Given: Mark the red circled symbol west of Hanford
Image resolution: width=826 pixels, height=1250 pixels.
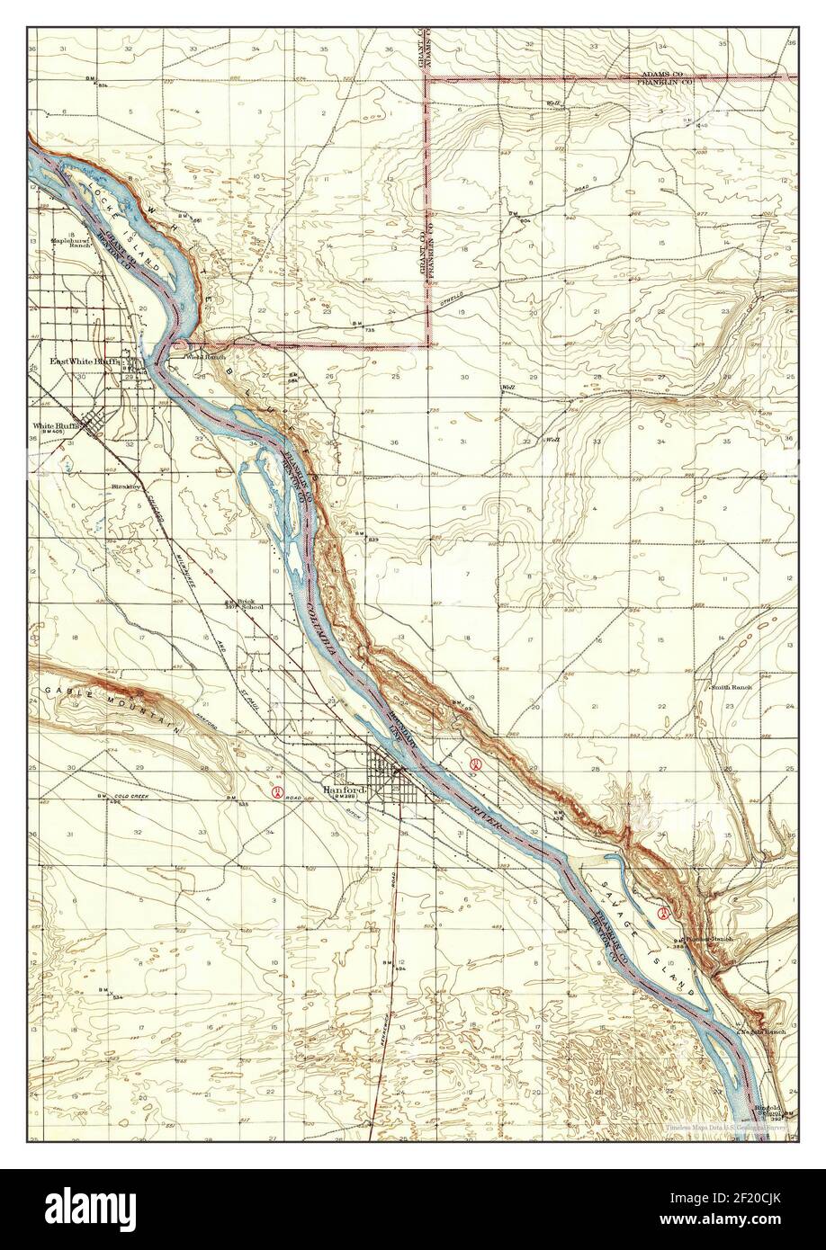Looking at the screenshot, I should (278, 792).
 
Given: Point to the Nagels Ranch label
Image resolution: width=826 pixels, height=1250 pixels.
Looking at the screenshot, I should (762, 1031).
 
